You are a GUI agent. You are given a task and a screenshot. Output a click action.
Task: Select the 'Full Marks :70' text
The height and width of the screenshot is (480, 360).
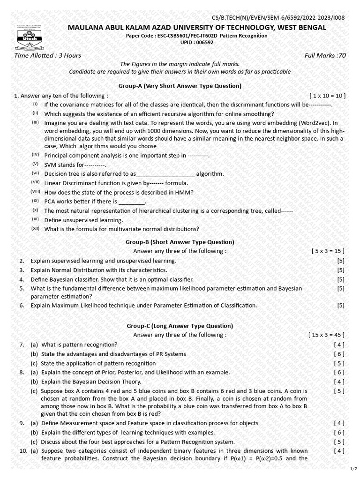coord(325,55)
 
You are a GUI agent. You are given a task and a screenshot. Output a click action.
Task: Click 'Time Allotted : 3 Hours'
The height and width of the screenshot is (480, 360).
coord(48,55)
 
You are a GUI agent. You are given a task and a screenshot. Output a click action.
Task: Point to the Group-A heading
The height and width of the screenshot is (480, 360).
coord(180,86)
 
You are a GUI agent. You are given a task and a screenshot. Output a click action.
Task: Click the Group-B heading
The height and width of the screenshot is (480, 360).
coord(180,242)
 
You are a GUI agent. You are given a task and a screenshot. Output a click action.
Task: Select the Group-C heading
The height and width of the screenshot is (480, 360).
coord(180,326)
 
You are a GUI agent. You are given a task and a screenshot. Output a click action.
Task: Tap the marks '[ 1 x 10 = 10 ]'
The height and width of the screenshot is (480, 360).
coord(327,96)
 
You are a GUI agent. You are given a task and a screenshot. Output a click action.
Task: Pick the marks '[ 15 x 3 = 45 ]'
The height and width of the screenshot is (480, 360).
coord(326,335)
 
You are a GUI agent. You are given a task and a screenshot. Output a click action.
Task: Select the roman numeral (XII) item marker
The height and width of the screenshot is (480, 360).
coord(36,228)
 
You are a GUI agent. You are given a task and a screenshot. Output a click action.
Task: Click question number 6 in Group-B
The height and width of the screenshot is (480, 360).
coord(22,306)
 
